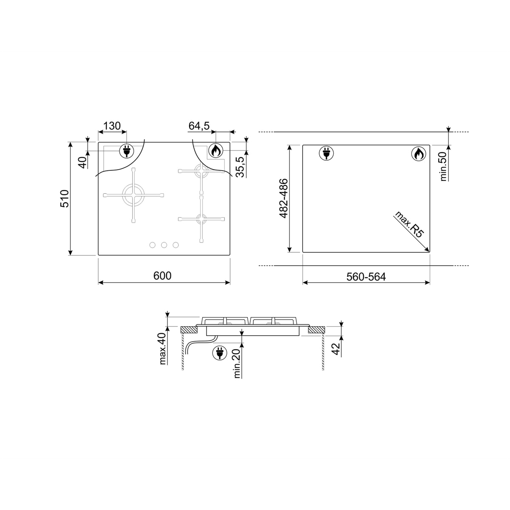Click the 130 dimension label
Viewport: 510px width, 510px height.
112,126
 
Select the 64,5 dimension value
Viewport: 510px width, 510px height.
199,126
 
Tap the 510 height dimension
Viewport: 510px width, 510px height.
65,198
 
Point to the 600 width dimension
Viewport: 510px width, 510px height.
162,276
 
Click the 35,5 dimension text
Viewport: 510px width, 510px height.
240,167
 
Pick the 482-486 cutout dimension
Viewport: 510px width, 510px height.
283,198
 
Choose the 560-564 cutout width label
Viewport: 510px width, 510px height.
366,277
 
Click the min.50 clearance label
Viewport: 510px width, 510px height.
443,167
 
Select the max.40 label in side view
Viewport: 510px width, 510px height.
162,348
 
